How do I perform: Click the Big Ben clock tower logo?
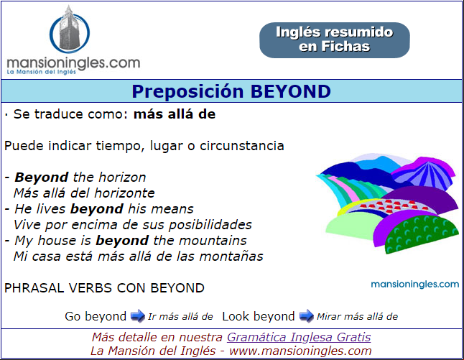(x=70, y=29)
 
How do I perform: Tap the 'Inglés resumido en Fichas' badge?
(x=335, y=40)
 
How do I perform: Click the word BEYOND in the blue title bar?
(x=291, y=91)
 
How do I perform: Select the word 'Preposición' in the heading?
(x=187, y=91)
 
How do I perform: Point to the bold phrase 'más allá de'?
(x=175, y=114)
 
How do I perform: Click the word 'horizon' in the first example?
(x=122, y=177)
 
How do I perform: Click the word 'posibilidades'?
(x=210, y=225)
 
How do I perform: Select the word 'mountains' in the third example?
(x=213, y=241)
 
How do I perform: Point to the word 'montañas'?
(x=231, y=257)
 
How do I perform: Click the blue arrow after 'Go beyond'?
(x=137, y=316)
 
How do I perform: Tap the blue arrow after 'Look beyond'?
(x=306, y=316)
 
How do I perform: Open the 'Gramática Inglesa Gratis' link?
(x=299, y=337)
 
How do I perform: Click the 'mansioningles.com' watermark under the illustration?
(x=415, y=285)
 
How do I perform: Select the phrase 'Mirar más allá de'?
(x=357, y=316)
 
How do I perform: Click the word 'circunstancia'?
(x=242, y=146)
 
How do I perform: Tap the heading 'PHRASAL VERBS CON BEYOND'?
(x=104, y=288)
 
